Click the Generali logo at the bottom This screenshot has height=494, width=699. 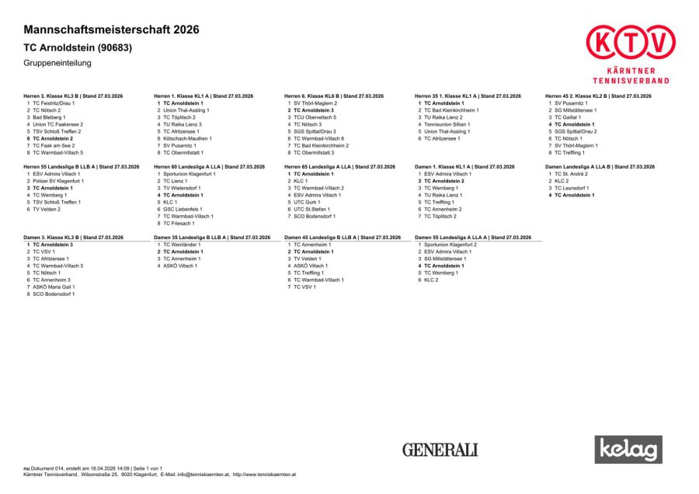tap(440, 450)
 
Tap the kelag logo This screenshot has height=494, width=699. tap(628, 449)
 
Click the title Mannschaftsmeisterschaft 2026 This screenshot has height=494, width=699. tap(111, 30)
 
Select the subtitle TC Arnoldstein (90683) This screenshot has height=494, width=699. tap(78, 47)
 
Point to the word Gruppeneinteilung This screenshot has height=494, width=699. tap(57, 62)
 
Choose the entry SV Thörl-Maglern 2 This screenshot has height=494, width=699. tap(315, 103)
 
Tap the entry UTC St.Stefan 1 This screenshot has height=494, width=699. tap(311, 209)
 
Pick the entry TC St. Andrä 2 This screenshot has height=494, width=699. tap(571, 174)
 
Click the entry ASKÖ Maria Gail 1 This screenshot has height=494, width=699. tap(56, 287)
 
